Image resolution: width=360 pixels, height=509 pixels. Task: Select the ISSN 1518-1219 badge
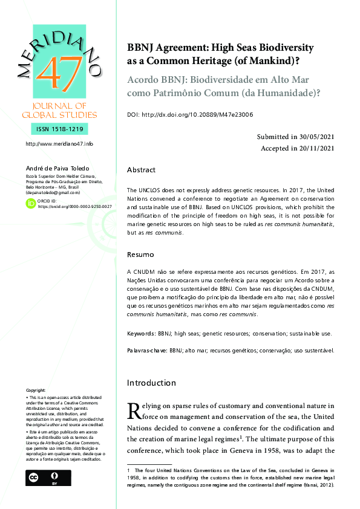tap(58, 129)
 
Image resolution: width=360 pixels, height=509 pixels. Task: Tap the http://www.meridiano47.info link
tap(59, 144)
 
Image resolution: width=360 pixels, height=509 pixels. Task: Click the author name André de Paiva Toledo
tap(56, 167)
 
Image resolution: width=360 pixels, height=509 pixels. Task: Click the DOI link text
tap(197, 114)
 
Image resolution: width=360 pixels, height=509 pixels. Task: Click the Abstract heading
tap(141, 170)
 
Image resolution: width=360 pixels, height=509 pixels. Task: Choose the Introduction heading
tap(151, 383)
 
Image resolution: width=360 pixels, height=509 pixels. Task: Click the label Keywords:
tap(140, 333)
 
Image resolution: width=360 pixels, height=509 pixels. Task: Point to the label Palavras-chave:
tap(147, 350)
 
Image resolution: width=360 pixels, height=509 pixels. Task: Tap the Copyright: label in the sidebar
tap(36, 391)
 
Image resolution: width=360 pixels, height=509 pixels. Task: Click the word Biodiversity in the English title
tap(283, 47)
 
